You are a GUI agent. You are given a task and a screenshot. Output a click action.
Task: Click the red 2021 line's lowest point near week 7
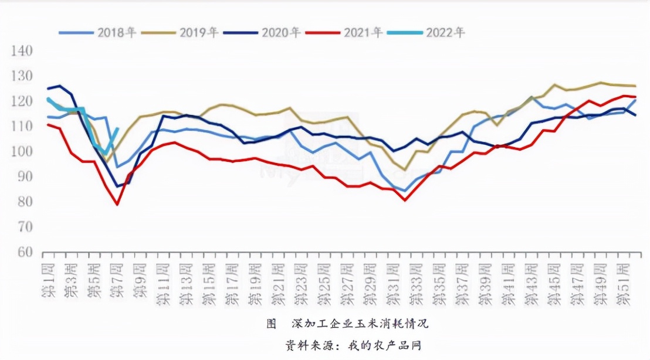[x=117, y=204]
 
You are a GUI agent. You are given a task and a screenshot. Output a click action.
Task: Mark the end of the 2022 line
[x=117, y=129]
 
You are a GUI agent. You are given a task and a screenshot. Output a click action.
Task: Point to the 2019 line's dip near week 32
[x=404, y=170]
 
